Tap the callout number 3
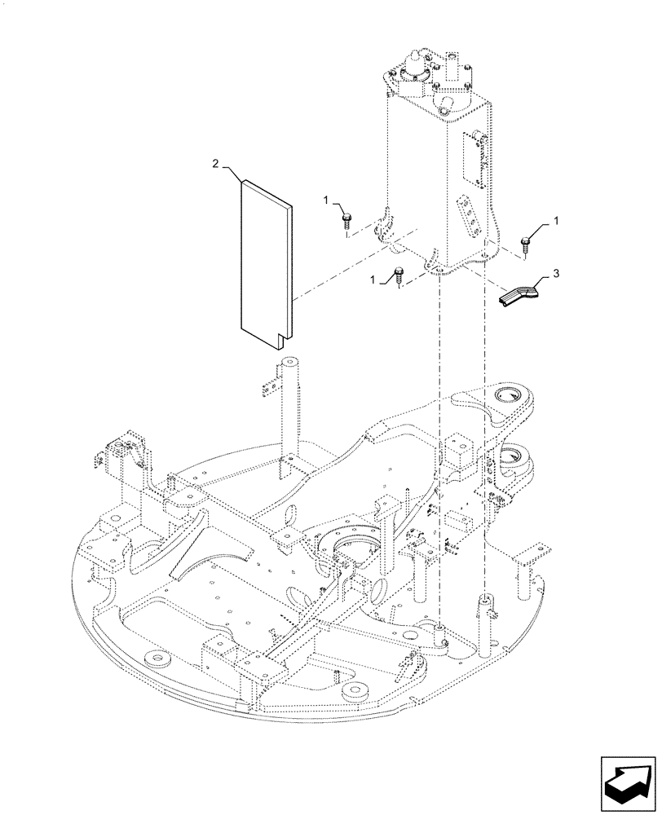556,275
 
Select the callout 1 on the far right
557,220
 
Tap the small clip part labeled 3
518,294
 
